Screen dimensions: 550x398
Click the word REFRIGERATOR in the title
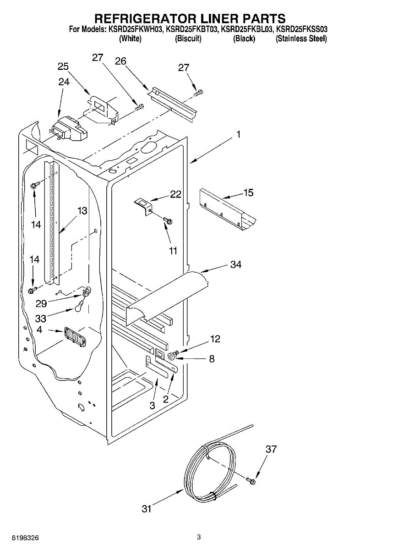[145, 18]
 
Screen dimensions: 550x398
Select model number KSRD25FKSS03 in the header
[302, 30]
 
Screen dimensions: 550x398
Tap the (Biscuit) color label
[188, 39]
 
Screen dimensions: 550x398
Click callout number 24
[64, 82]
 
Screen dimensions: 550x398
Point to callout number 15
[248, 192]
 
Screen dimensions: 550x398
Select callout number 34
[236, 264]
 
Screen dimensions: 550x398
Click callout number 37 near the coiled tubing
[271, 449]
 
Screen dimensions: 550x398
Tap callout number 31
[146, 509]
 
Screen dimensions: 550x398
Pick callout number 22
[176, 194]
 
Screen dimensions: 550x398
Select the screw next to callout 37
[251, 480]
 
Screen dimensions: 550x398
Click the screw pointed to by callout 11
[168, 221]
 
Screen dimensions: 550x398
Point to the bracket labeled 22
[143, 204]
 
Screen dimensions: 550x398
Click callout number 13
[82, 211]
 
